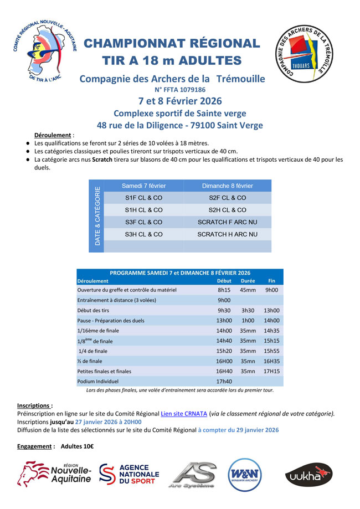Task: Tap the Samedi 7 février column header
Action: pos(143,186)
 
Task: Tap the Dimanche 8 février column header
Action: pos(227,186)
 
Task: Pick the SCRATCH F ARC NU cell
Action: pos(227,222)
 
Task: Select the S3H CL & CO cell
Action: pos(143,234)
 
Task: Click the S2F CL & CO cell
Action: pos(227,198)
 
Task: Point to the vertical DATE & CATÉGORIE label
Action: pos(97,216)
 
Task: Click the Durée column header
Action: pos(248,281)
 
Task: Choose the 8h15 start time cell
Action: pos(224,290)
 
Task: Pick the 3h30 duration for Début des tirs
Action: pos(248,311)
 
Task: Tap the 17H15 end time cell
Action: pos(271,371)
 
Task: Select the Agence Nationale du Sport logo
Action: pos(129,475)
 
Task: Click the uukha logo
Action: pos(308,475)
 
